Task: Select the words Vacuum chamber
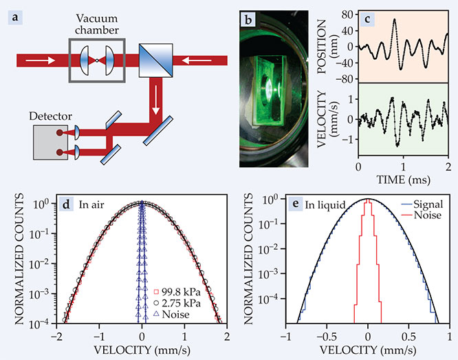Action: pyautogui.click(x=97, y=23)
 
